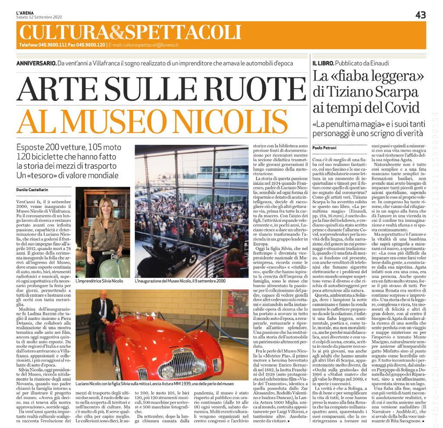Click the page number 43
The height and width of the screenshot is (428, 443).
(420, 15)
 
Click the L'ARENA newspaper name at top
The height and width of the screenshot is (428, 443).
(25, 13)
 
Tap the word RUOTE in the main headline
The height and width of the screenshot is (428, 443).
(241, 89)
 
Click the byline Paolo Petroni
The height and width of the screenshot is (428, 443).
(324, 148)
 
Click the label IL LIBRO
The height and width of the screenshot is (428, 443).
(325, 64)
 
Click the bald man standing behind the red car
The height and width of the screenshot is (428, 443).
(102, 308)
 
